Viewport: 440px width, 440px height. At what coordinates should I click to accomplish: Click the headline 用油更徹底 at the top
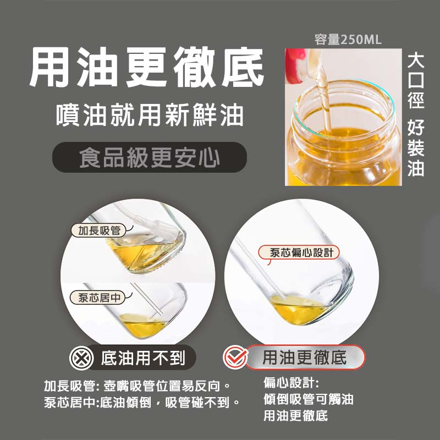(x=146, y=67)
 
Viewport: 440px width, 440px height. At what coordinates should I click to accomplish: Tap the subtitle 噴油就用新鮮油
(x=150, y=115)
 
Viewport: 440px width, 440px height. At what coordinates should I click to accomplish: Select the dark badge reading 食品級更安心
(x=150, y=157)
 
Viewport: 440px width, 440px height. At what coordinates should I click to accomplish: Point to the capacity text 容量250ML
(x=348, y=40)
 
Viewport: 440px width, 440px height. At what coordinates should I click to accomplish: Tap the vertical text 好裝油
(x=416, y=147)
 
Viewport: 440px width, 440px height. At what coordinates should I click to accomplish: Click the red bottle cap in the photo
(x=295, y=65)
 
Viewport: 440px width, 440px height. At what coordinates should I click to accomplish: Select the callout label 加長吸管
(x=99, y=230)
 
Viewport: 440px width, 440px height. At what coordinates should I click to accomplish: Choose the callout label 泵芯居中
(x=98, y=298)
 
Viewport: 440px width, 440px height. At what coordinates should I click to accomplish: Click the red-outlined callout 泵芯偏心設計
(x=299, y=252)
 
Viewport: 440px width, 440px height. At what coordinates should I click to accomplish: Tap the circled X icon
(x=81, y=358)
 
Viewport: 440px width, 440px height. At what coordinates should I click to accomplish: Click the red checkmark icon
(x=235, y=357)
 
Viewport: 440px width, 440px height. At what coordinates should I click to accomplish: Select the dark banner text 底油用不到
(x=143, y=358)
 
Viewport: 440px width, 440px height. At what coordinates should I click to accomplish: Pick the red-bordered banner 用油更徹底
(x=305, y=357)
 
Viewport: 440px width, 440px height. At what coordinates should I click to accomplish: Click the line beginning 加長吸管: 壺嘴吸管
(x=137, y=386)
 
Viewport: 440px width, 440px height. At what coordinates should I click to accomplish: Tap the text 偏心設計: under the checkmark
(x=291, y=383)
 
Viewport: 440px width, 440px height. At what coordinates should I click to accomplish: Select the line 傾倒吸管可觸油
(x=308, y=399)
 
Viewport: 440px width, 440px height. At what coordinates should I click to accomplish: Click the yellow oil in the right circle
(x=298, y=310)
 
